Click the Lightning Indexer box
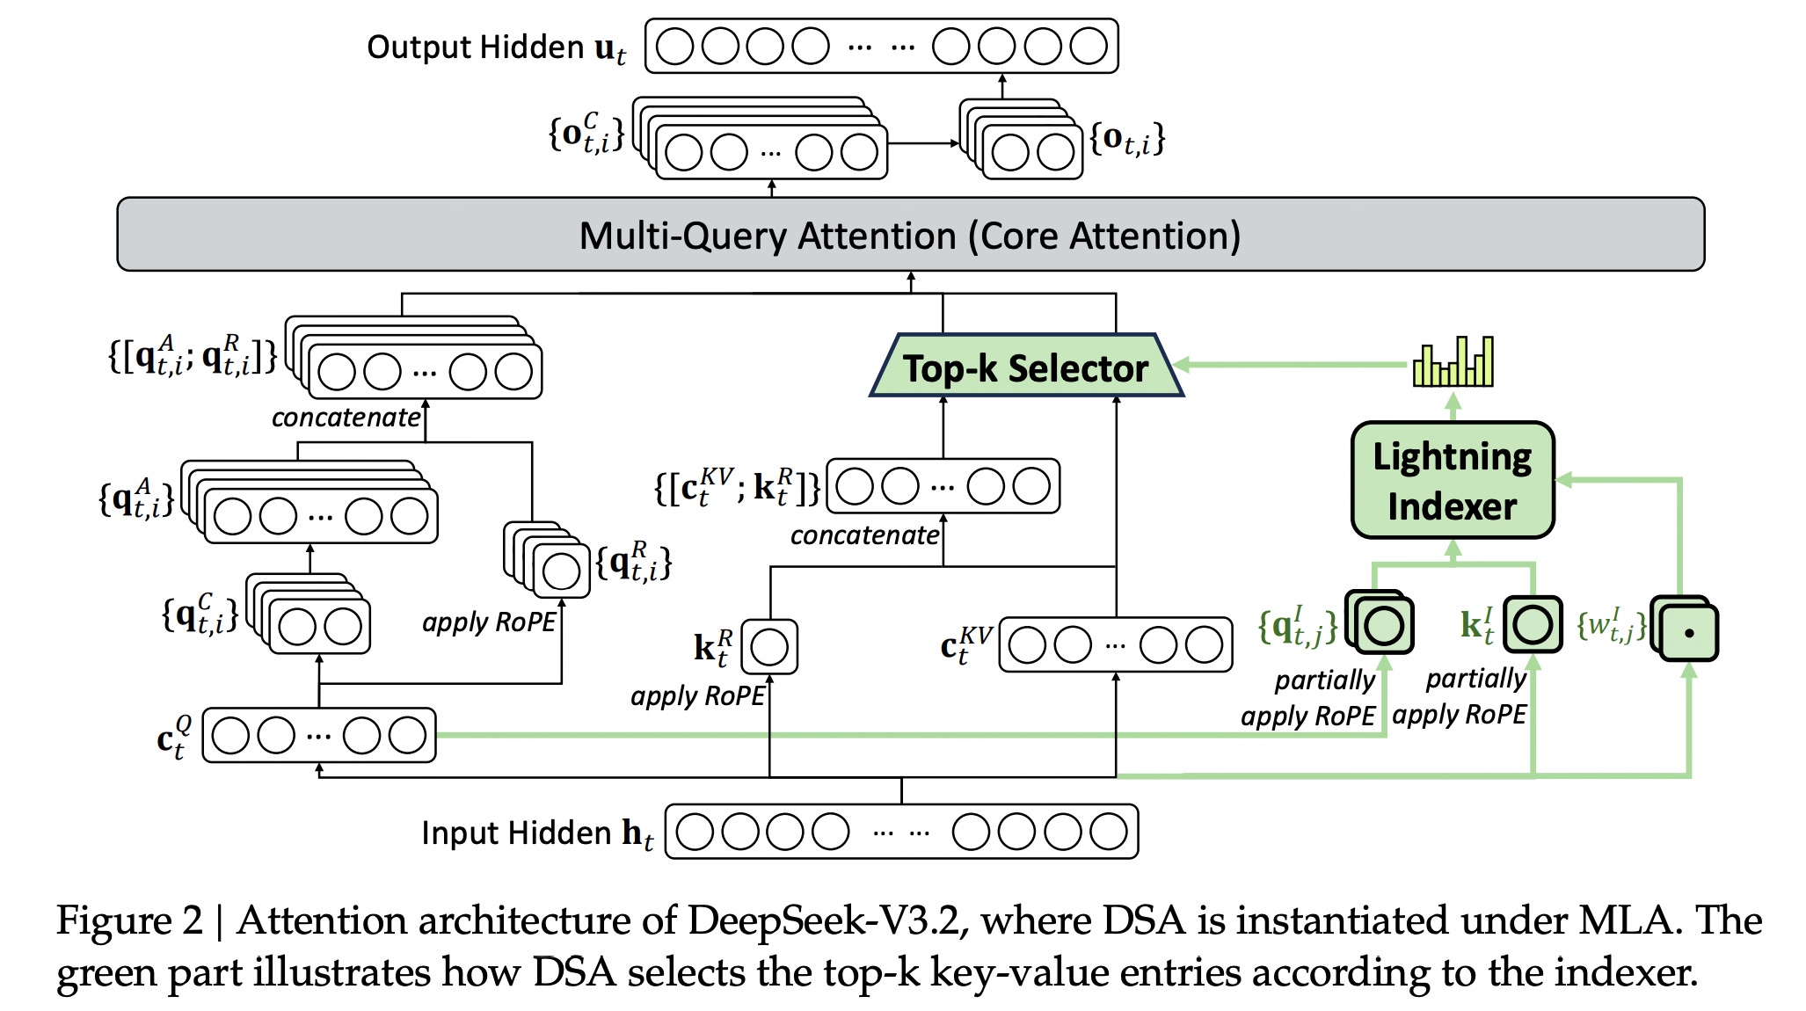click(1452, 480)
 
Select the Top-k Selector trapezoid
click(1025, 367)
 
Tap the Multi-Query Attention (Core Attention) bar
click(910, 235)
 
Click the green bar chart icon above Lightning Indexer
click(1453, 362)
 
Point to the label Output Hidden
click(475, 47)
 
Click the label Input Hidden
click(515, 833)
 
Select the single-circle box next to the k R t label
click(769, 647)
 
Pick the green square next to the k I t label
click(1532, 625)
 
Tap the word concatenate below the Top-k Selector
click(864, 535)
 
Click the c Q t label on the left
click(174, 737)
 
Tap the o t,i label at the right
click(1127, 139)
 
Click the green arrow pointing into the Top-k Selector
click(1293, 365)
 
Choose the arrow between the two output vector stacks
click(923, 143)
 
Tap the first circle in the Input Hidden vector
click(695, 832)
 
